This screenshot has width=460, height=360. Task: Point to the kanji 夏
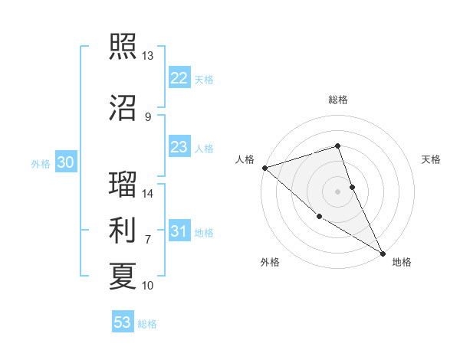pyautogui.click(x=123, y=276)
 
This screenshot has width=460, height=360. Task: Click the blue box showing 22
pyautogui.click(x=179, y=78)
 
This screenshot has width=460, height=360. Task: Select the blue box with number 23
pyautogui.click(x=179, y=147)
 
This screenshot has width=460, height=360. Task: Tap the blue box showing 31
pyautogui.click(x=179, y=231)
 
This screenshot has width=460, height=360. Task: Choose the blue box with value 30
pyautogui.click(x=64, y=162)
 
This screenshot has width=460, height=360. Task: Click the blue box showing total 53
pyautogui.click(x=123, y=322)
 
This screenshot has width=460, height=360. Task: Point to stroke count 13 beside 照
pyautogui.click(x=147, y=56)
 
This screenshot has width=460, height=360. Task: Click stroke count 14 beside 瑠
pyautogui.click(x=147, y=194)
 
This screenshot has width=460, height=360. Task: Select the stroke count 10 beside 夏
pyautogui.click(x=147, y=286)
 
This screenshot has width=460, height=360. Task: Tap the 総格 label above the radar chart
pyautogui.click(x=337, y=100)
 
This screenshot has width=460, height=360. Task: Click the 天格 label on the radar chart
pyautogui.click(x=431, y=159)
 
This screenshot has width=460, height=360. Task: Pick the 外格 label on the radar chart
pyautogui.click(x=270, y=262)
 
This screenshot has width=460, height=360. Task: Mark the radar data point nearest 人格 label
pyautogui.click(x=264, y=167)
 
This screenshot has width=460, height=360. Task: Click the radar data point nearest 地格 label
pyautogui.click(x=383, y=253)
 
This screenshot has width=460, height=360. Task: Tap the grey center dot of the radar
pyautogui.click(x=337, y=191)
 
